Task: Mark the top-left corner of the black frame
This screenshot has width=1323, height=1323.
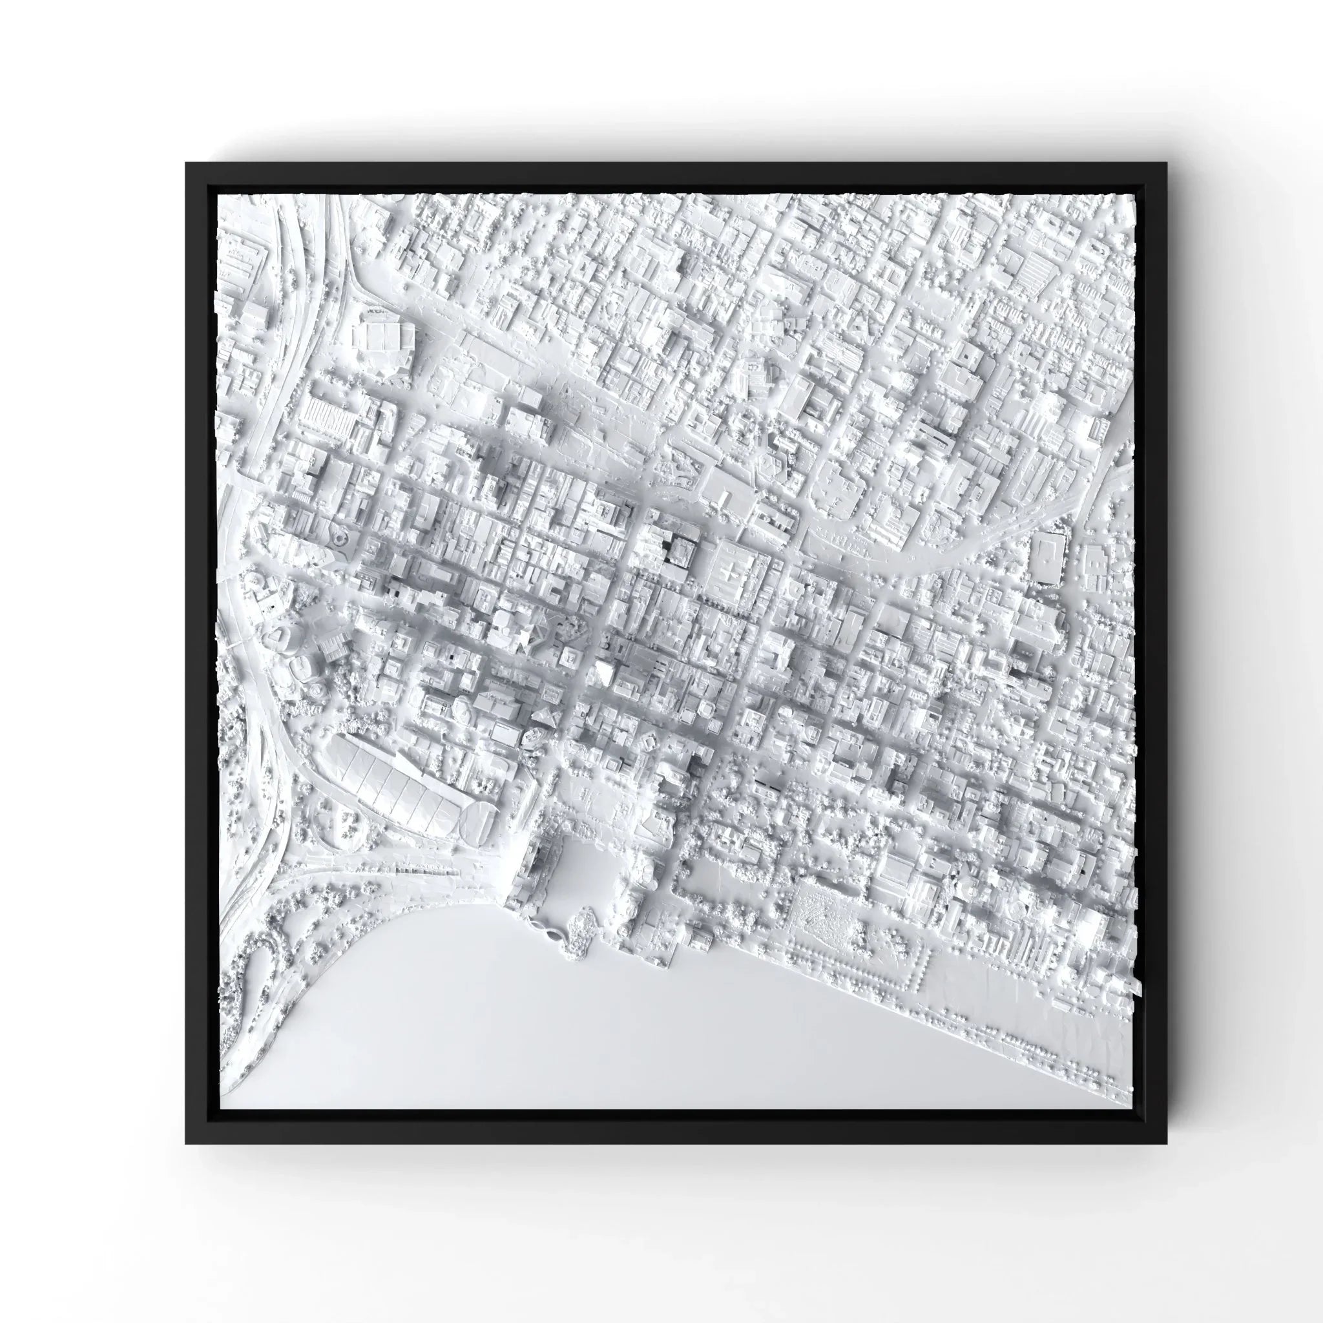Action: click(x=186, y=163)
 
